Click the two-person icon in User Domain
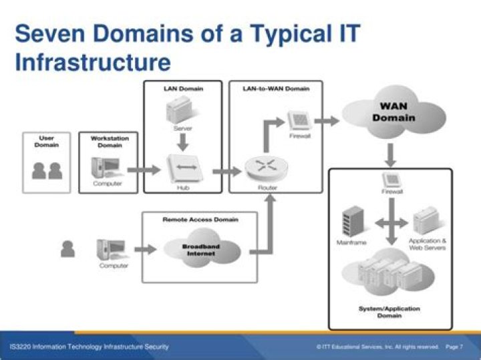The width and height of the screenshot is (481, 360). click(x=47, y=170)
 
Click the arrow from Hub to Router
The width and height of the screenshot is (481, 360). click(x=225, y=171)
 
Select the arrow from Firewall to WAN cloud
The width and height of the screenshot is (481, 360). click(x=326, y=121)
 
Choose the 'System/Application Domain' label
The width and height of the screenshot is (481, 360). click(x=389, y=312)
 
